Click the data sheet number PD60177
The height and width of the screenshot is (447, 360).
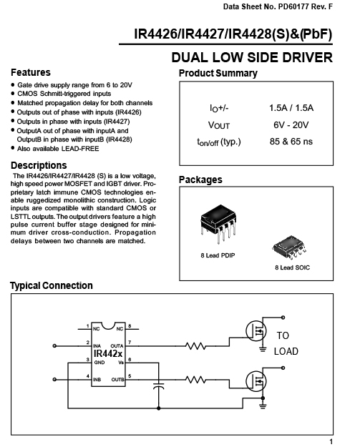point(293,6)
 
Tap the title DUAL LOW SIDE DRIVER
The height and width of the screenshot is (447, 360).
point(252,57)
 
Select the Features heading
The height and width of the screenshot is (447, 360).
point(31,72)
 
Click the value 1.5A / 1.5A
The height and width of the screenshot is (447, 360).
point(291,108)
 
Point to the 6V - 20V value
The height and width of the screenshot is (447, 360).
point(291,124)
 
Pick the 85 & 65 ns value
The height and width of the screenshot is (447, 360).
point(291,142)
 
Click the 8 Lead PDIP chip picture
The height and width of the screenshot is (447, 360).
point(218,224)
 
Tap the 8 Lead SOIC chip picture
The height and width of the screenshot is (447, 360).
point(289,247)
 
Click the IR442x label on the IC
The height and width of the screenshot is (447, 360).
point(108,354)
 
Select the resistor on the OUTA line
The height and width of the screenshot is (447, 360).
point(195,346)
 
